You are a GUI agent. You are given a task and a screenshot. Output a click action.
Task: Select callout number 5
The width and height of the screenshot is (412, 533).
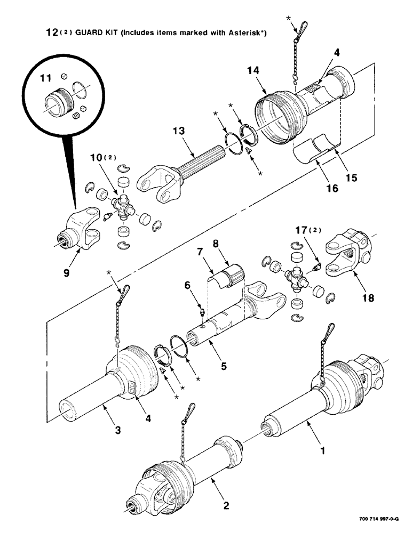(223, 366)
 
